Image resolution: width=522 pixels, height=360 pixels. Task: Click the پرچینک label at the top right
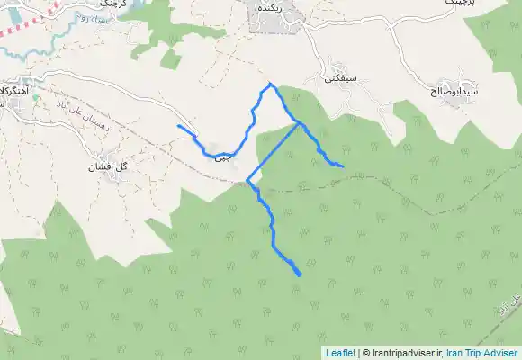[x=469, y=4]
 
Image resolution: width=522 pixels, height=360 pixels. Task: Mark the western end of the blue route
[x=179, y=126]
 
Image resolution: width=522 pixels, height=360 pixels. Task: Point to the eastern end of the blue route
[x=343, y=166]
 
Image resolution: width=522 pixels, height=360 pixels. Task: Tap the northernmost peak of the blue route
[x=269, y=84]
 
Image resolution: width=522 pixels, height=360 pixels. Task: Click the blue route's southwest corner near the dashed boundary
[x=247, y=182]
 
